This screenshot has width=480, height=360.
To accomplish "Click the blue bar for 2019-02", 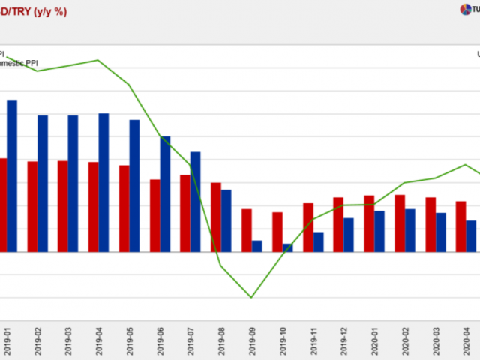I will (x=43, y=184).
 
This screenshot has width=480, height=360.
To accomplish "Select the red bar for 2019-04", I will (x=93, y=207).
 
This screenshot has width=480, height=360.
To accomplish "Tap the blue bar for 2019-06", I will (x=165, y=194).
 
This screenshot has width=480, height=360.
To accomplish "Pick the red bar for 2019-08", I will (x=215, y=217).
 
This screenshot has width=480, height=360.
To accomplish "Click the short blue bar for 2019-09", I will (x=256, y=246).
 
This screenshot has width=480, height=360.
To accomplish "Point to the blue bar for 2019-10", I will (x=287, y=247).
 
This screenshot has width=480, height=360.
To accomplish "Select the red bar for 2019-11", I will (x=307, y=227).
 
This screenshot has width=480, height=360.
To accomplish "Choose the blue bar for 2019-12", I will (x=349, y=235).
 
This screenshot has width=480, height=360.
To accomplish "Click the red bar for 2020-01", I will (x=369, y=223).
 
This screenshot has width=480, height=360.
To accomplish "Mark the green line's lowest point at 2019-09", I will (x=251, y=298).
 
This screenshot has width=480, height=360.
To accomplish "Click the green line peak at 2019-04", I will (x=98, y=60).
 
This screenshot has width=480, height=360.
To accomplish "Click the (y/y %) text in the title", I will (x=51, y=11).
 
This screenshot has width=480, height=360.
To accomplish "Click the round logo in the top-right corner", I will (x=466, y=9).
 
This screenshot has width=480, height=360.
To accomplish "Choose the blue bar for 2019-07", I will (x=195, y=202).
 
